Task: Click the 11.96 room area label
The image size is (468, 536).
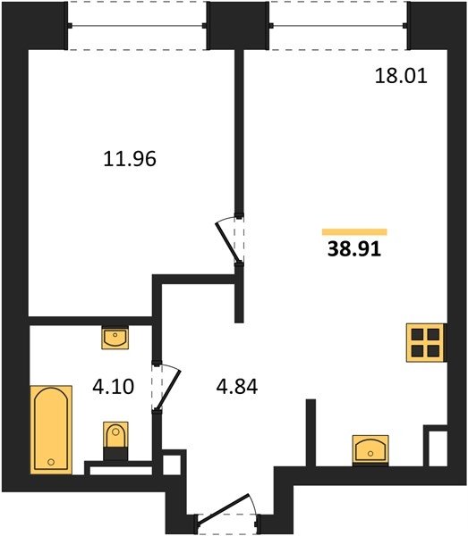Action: (130, 159)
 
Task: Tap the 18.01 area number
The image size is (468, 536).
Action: (401, 76)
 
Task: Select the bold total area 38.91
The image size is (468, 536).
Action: (354, 249)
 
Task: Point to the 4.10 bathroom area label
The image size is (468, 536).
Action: (114, 387)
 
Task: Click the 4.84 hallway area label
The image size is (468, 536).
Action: (237, 387)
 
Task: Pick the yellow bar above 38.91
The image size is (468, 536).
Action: (354, 232)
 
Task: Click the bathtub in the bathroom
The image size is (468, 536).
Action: (51, 430)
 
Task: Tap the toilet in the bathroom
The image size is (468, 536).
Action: (115, 440)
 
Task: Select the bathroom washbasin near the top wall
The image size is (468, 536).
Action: (115, 338)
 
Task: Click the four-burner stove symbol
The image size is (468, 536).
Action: (425, 343)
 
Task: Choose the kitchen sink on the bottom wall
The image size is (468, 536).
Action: (370, 450)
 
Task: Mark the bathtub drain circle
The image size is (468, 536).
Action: (51, 462)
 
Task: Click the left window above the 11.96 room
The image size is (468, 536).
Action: (137, 26)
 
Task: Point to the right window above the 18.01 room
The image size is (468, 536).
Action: (338, 26)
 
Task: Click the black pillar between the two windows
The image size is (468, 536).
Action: (238, 26)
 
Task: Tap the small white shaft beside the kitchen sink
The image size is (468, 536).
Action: (438, 448)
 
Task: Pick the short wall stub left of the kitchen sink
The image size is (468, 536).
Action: (311, 432)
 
